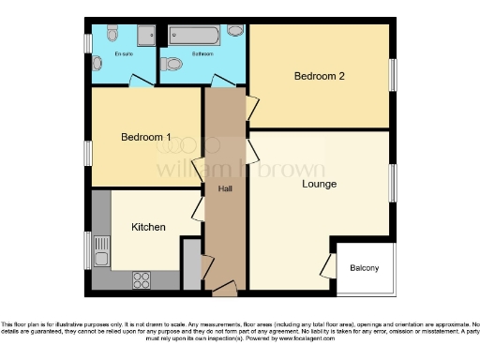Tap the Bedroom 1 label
click(x=145, y=137)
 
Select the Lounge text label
click(x=319, y=184)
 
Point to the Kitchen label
click(x=148, y=227)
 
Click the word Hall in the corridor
click(x=225, y=188)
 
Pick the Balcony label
click(x=365, y=268)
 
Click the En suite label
click(x=124, y=54)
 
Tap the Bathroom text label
click(x=202, y=54)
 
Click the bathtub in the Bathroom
click(x=194, y=37)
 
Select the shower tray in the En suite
click(x=148, y=35)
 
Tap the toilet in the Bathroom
click(x=172, y=65)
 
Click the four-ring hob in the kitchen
click(x=142, y=278)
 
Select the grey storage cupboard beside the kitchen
click(x=191, y=265)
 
